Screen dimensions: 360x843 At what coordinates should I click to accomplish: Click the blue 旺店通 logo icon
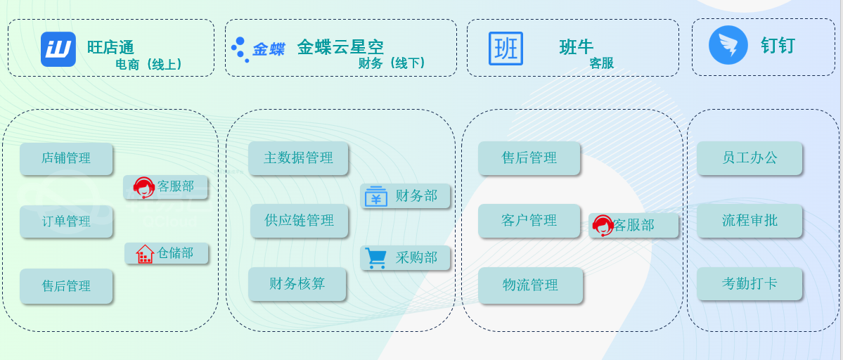pos(58,49)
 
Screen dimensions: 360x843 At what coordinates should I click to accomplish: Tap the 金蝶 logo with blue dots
pos(257,49)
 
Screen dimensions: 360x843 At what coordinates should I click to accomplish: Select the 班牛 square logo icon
pos(506,49)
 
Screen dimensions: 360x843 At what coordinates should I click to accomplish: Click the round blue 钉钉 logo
pos(728,44)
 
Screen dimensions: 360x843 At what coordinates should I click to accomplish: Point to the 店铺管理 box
pos(66,158)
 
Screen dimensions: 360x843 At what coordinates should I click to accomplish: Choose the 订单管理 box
pos(66,221)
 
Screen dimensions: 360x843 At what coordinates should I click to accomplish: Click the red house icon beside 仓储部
pos(145,254)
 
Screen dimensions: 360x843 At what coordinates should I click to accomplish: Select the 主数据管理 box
pos(298,157)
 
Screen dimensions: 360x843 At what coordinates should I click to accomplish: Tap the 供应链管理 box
pos(300,220)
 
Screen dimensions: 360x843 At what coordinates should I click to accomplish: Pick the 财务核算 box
pos(297,283)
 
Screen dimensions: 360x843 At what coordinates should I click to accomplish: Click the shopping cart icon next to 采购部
pos(375,258)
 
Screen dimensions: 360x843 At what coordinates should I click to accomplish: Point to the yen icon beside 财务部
pos(376,197)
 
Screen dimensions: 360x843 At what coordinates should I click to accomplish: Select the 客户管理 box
pos(529,220)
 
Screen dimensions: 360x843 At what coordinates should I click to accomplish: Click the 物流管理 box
pos(530,285)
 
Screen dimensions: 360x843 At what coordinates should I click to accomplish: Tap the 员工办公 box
pos(749,157)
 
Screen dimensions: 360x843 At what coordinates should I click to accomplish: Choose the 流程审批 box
pos(749,220)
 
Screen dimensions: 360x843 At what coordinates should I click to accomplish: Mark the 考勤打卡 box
pos(749,283)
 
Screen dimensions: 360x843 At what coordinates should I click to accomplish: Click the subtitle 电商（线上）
pos(149,64)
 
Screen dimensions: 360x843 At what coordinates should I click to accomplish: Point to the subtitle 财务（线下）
pos(392,63)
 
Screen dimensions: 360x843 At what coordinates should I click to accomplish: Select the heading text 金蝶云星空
pos(340,47)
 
